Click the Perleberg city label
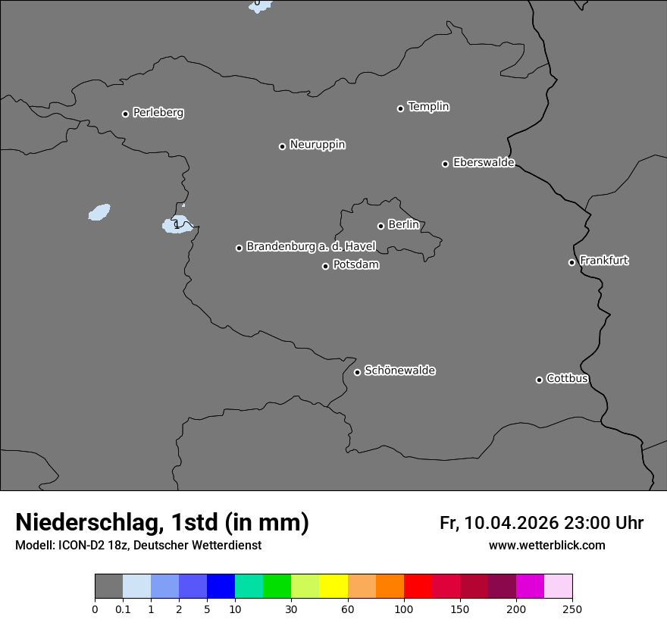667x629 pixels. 158,113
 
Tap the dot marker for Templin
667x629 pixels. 400,108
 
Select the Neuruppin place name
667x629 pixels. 318,145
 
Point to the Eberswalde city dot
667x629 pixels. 445,164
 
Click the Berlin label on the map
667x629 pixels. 403,225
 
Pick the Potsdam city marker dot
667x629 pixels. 325,266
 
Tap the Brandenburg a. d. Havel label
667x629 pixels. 311,247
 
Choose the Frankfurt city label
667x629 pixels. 604,261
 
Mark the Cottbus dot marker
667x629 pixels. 539,380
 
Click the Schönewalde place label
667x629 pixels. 400,371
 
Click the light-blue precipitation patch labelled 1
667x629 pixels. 177,224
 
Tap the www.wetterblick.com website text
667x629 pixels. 546,546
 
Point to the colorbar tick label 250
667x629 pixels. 572,609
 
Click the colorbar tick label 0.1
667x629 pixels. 123,609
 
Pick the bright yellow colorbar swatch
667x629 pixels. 333,587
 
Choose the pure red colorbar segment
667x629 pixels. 418,587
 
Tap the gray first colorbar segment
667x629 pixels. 109,587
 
